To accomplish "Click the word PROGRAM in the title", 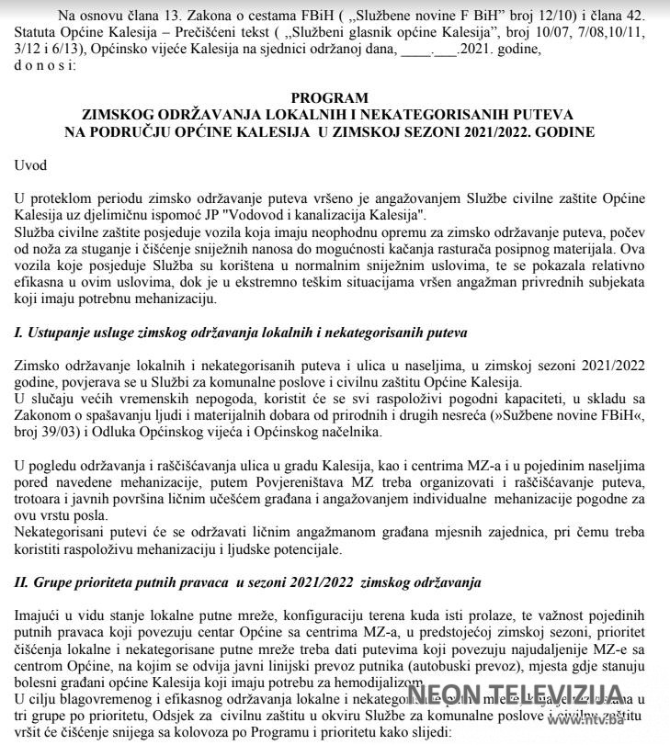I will (329, 97).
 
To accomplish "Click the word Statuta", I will (38, 33).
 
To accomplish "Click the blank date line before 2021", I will (429, 50).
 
